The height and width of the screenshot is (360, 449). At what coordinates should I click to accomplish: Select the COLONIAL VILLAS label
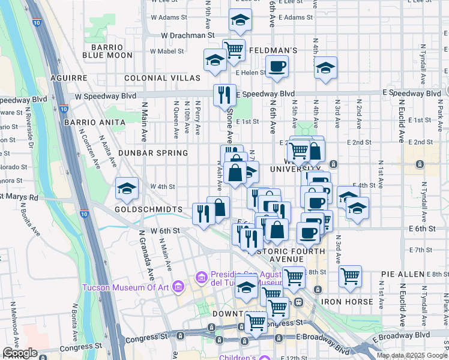pyautogui.click(x=162, y=79)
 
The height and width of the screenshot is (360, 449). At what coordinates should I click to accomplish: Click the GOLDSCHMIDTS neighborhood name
pyautogui.click(x=149, y=209)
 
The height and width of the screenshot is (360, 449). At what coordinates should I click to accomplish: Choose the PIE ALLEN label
pyautogui.click(x=402, y=274)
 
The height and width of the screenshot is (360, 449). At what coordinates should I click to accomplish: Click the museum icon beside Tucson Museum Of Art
pyautogui.click(x=177, y=287)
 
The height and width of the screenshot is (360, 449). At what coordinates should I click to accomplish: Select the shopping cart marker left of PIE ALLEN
pyautogui.click(x=350, y=277)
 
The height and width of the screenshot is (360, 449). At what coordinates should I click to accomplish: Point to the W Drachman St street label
pyautogui.click(x=187, y=35)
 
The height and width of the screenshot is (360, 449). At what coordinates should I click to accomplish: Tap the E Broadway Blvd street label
pyautogui.click(x=400, y=335)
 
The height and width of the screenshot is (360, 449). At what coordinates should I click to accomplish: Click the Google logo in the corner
pyautogui.click(x=20, y=353)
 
